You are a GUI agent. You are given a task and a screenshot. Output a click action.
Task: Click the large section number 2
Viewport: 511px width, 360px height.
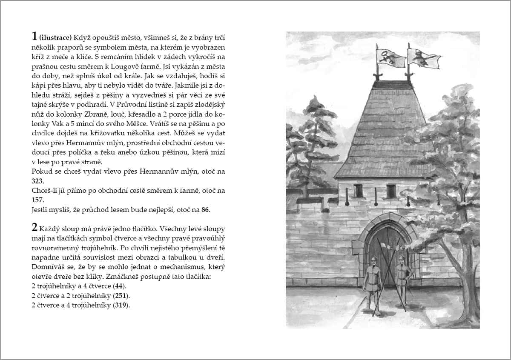tap(35, 226)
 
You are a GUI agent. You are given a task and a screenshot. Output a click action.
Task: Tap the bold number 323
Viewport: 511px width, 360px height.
tap(37, 181)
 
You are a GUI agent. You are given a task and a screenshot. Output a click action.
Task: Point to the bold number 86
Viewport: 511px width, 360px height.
tap(206, 210)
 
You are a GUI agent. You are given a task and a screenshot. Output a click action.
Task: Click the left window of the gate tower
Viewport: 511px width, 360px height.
tap(359, 191)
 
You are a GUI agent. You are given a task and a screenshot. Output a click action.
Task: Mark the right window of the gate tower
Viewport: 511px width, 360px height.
tap(391, 191)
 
